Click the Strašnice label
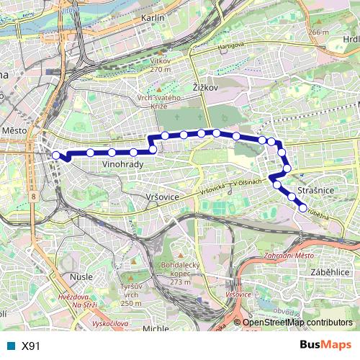[312, 189]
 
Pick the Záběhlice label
[330, 274]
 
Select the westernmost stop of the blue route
[56, 155]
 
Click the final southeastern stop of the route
[303, 207]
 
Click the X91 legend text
[30, 346]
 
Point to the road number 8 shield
[34, 195]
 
